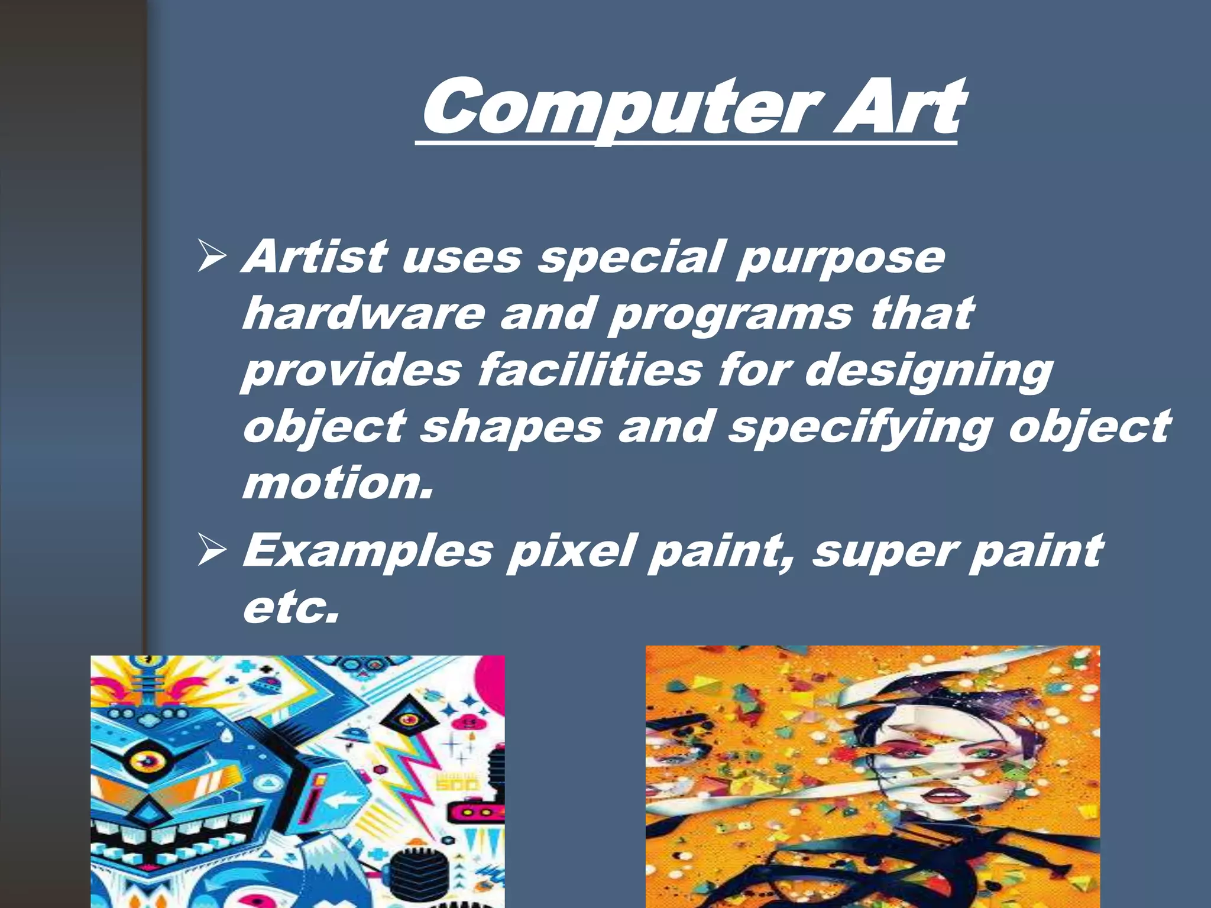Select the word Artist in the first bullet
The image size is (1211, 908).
tap(316, 257)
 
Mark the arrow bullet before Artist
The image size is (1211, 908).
tap(211, 257)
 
